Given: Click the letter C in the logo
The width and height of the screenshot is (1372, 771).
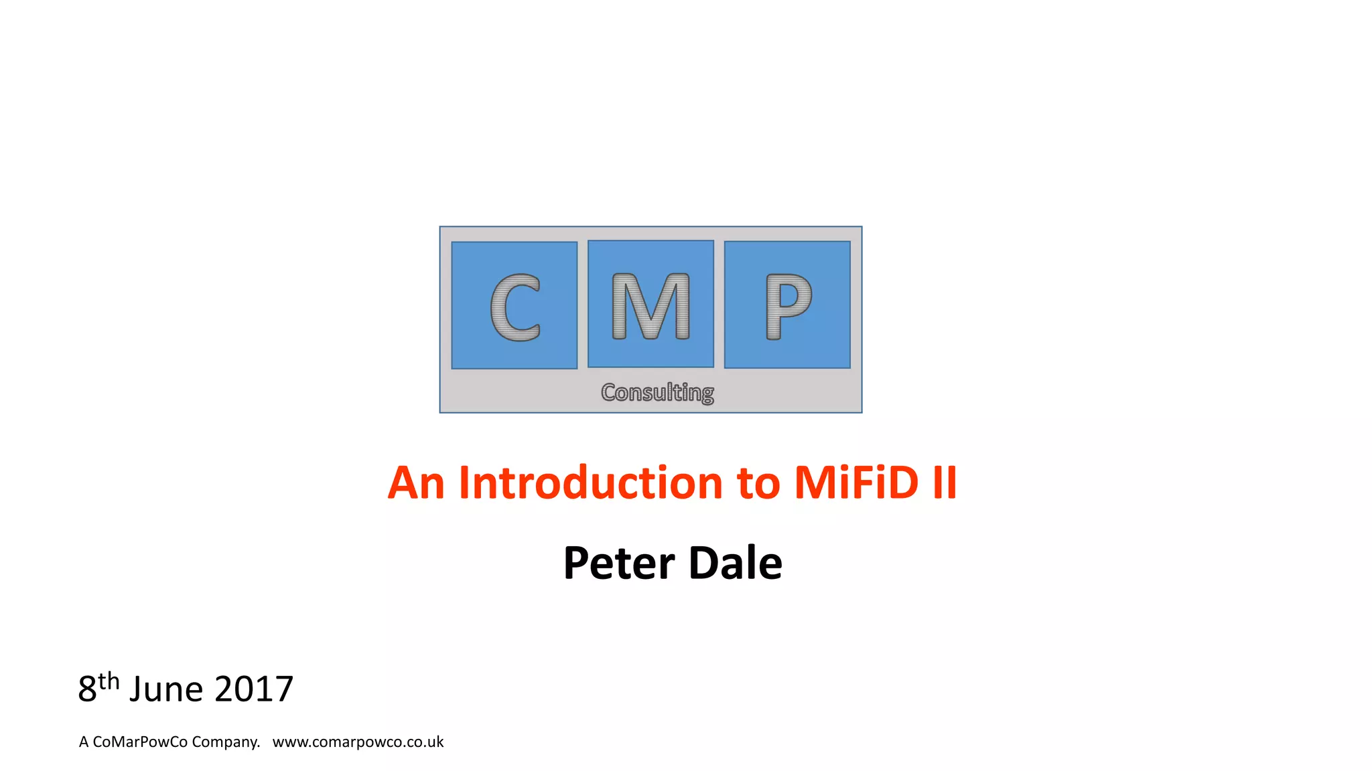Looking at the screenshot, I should click(514, 307).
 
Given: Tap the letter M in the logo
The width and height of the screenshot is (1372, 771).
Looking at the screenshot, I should click(650, 307).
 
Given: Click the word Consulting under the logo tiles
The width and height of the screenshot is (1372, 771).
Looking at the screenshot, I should click(657, 392).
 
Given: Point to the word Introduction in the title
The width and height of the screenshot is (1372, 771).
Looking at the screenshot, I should click(590, 483).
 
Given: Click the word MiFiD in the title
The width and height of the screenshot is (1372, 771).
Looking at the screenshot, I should click(856, 483).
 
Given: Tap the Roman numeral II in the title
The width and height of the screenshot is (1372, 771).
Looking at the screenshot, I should click(945, 483).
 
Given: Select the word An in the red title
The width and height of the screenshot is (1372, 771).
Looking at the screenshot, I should click(416, 483).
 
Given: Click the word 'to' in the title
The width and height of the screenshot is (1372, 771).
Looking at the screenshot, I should click(758, 484).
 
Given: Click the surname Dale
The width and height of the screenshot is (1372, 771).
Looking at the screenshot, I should click(735, 563).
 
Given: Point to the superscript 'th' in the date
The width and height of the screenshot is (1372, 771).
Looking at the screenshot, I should click(109, 681).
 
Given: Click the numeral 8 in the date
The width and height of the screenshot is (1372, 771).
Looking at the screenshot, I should click(87, 689).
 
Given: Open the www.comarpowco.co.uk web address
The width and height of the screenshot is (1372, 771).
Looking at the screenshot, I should click(358, 742).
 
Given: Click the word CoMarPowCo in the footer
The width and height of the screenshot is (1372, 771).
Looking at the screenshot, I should click(140, 742).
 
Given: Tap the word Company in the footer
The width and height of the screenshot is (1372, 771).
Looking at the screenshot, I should click(225, 742).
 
